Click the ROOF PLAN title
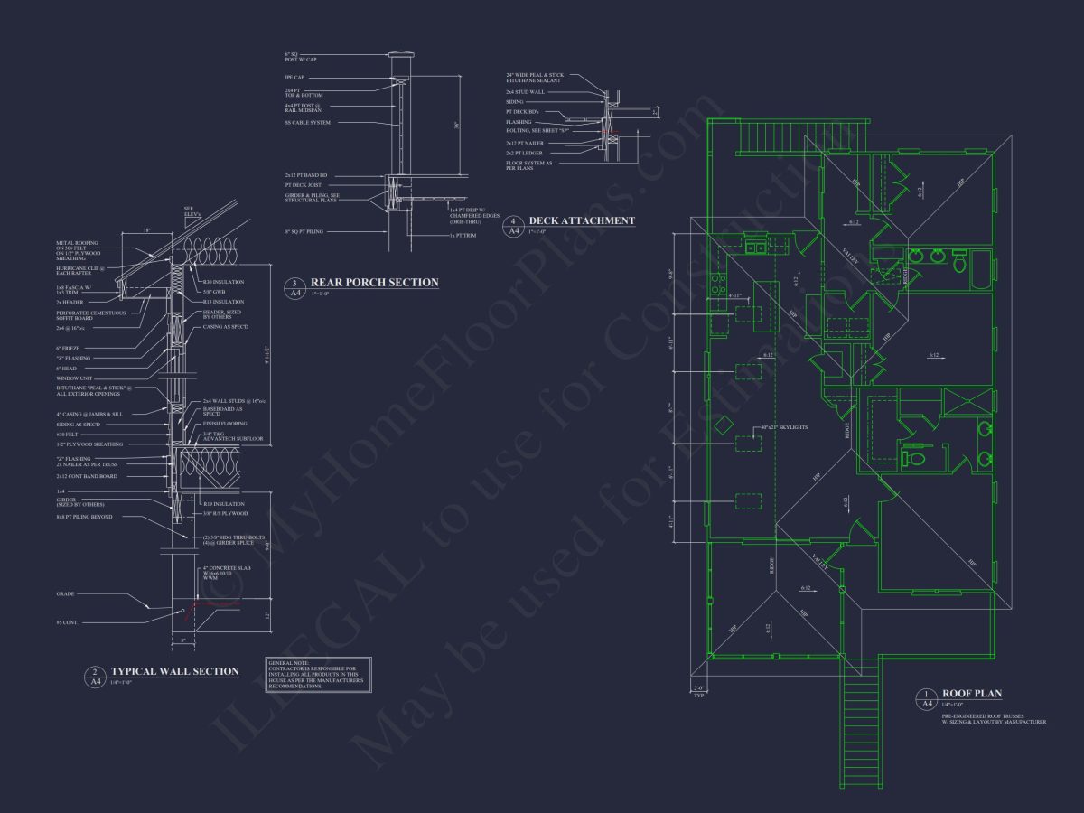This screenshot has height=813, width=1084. [x=972, y=694]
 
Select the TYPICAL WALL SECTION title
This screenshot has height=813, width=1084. [x=174, y=671]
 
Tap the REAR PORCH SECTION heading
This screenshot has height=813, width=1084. [x=374, y=283]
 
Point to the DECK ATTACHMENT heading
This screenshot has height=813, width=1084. [x=582, y=220]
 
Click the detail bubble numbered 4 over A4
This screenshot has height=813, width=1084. [x=513, y=225]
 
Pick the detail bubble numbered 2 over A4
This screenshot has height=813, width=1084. [x=96, y=677]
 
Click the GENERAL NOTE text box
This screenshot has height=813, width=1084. [x=319, y=675]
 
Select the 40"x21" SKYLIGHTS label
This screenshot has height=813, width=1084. [x=783, y=426]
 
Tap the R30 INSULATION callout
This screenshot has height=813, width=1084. [x=219, y=282]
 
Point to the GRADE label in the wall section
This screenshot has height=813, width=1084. [x=64, y=593]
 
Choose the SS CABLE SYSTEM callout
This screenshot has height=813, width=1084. [x=307, y=122]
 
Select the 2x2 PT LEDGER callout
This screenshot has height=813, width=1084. [x=525, y=153]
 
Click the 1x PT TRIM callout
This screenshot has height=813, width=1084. [x=465, y=235]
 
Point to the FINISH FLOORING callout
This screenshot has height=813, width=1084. [x=225, y=424]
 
